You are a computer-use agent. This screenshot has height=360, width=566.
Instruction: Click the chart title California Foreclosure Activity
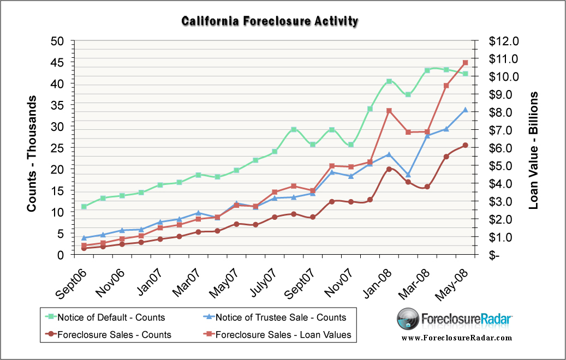[270, 21]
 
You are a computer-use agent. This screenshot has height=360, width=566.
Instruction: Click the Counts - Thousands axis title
[32, 154]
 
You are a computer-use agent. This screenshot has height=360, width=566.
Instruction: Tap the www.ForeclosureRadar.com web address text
[457, 338]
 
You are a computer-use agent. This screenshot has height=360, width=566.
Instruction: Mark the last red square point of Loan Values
[466, 63]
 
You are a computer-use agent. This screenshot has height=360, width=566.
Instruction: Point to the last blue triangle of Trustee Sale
[466, 110]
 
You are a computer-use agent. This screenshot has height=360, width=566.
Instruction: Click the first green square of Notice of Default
[84, 207]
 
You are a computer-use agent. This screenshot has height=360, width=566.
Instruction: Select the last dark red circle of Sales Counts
[466, 145]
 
